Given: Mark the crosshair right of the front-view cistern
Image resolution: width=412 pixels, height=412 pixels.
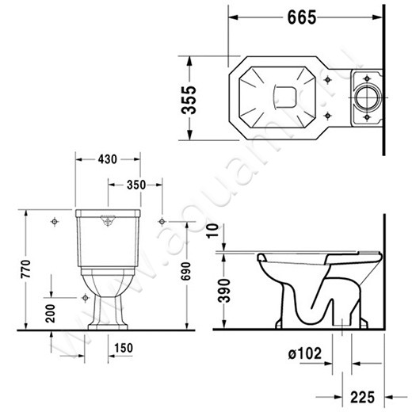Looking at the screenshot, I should [x=162, y=219].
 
